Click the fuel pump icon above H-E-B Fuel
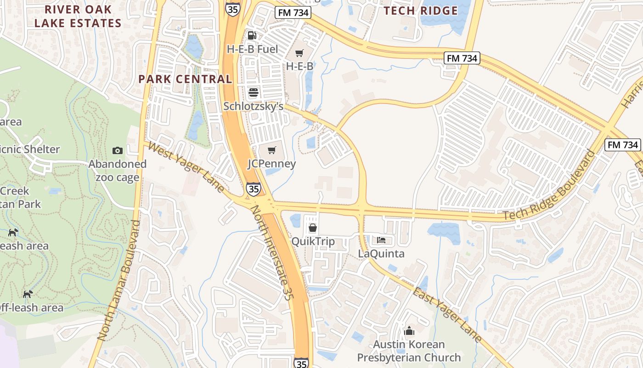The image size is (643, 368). [x=252, y=35]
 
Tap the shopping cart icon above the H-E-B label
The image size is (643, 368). [x=299, y=54]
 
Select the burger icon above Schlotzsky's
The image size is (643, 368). [x=253, y=92]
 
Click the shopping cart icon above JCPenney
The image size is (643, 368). [x=272, y=150]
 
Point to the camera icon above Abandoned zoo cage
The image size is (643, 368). [x=118, y=150]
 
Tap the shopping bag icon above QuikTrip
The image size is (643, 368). [x=313, y=228]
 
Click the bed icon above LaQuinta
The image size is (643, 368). [x=381, y=240]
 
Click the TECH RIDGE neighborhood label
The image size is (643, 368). [x=421, y=11]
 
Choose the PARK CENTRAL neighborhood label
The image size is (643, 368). [x=185, y=79]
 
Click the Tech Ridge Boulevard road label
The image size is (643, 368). [x=549, y=185]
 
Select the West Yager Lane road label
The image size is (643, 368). [x=187, y=168]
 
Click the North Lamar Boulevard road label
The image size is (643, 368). [x=118, y=281]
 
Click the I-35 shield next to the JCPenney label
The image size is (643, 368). [x=253, y=188]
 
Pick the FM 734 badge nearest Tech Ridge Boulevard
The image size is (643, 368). [x=622, y=145]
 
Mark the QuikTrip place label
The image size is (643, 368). [x=313, y=241]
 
